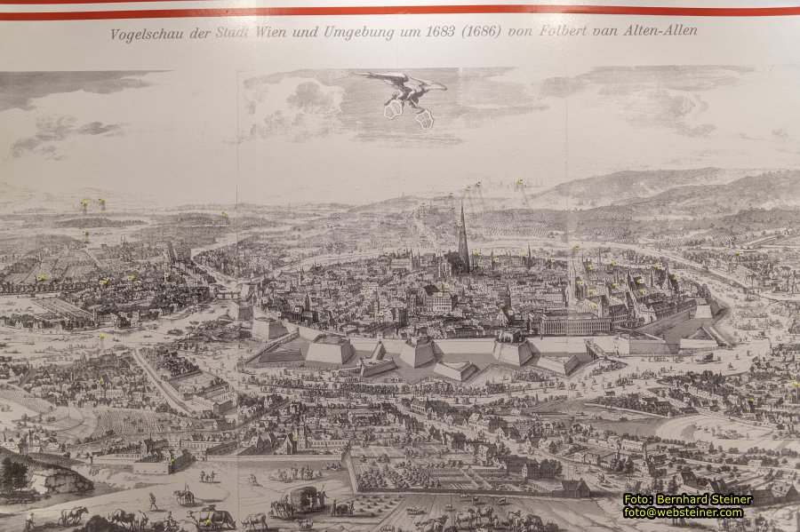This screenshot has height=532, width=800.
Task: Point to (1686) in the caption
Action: click(481, 31)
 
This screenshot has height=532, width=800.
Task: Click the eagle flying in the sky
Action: click(404, 92)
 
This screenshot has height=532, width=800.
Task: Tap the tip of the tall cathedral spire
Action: click(462, 205)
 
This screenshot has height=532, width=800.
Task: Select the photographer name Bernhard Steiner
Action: click(706, 499)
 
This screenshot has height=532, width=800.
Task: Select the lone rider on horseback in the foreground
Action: click(185, 495)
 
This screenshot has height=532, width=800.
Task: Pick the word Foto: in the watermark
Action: click(639, 499)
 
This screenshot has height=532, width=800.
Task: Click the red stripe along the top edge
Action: click(400, 12)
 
